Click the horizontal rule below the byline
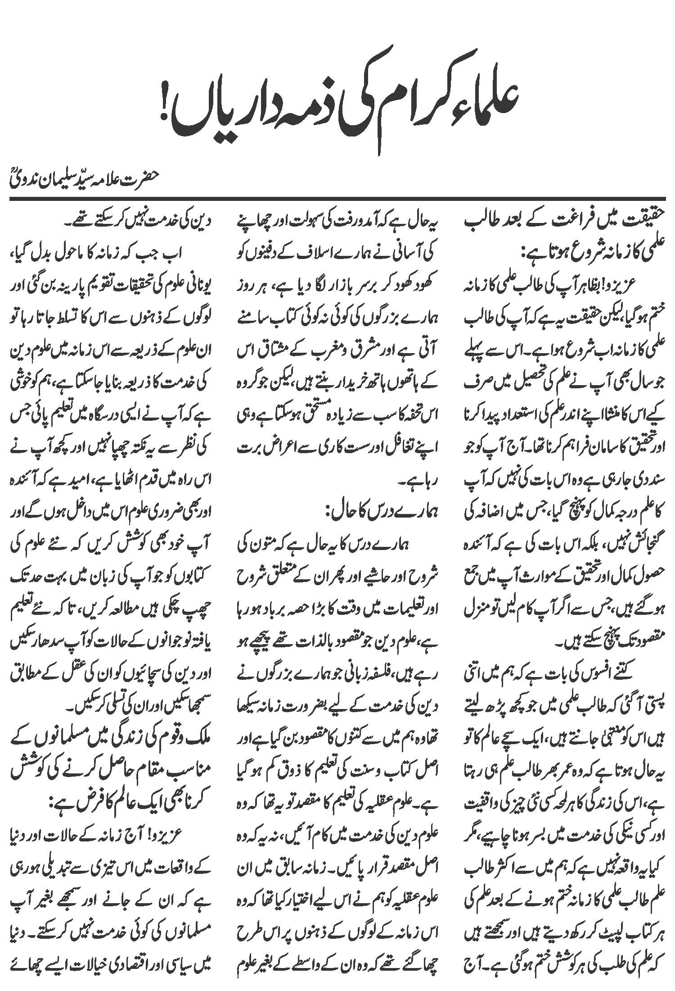pyautogui.click(x=337, y=198)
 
